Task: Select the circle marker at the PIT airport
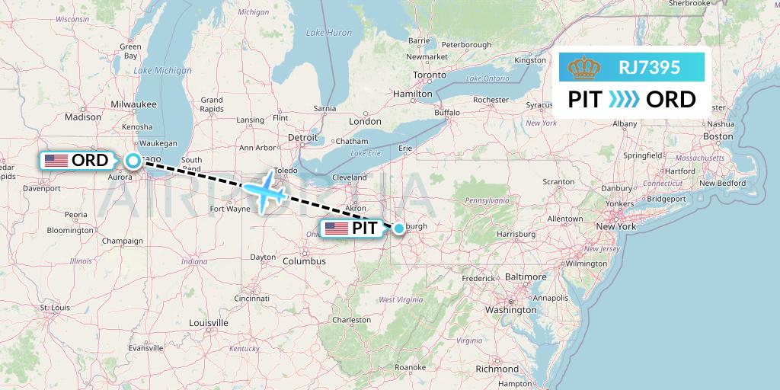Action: [x=398, y=228]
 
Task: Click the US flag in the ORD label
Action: [x=56, y=161]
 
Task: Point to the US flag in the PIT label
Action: [x=336, y=228]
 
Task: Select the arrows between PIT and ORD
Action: [x=624, y=100]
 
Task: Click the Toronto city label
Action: [x=428, y=75]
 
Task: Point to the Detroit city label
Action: [x=302, y=137]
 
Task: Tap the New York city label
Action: [x=615, y=226]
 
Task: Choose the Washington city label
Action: [x=510, y=310]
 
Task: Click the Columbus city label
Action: [x=303, y=261]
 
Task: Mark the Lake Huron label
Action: [x=328, y=33]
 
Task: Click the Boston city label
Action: [x=718, y=136]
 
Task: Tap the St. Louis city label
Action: [x=56, y=308]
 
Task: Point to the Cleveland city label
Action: [x=349, y=177]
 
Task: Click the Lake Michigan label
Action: [x=162, y=70]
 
